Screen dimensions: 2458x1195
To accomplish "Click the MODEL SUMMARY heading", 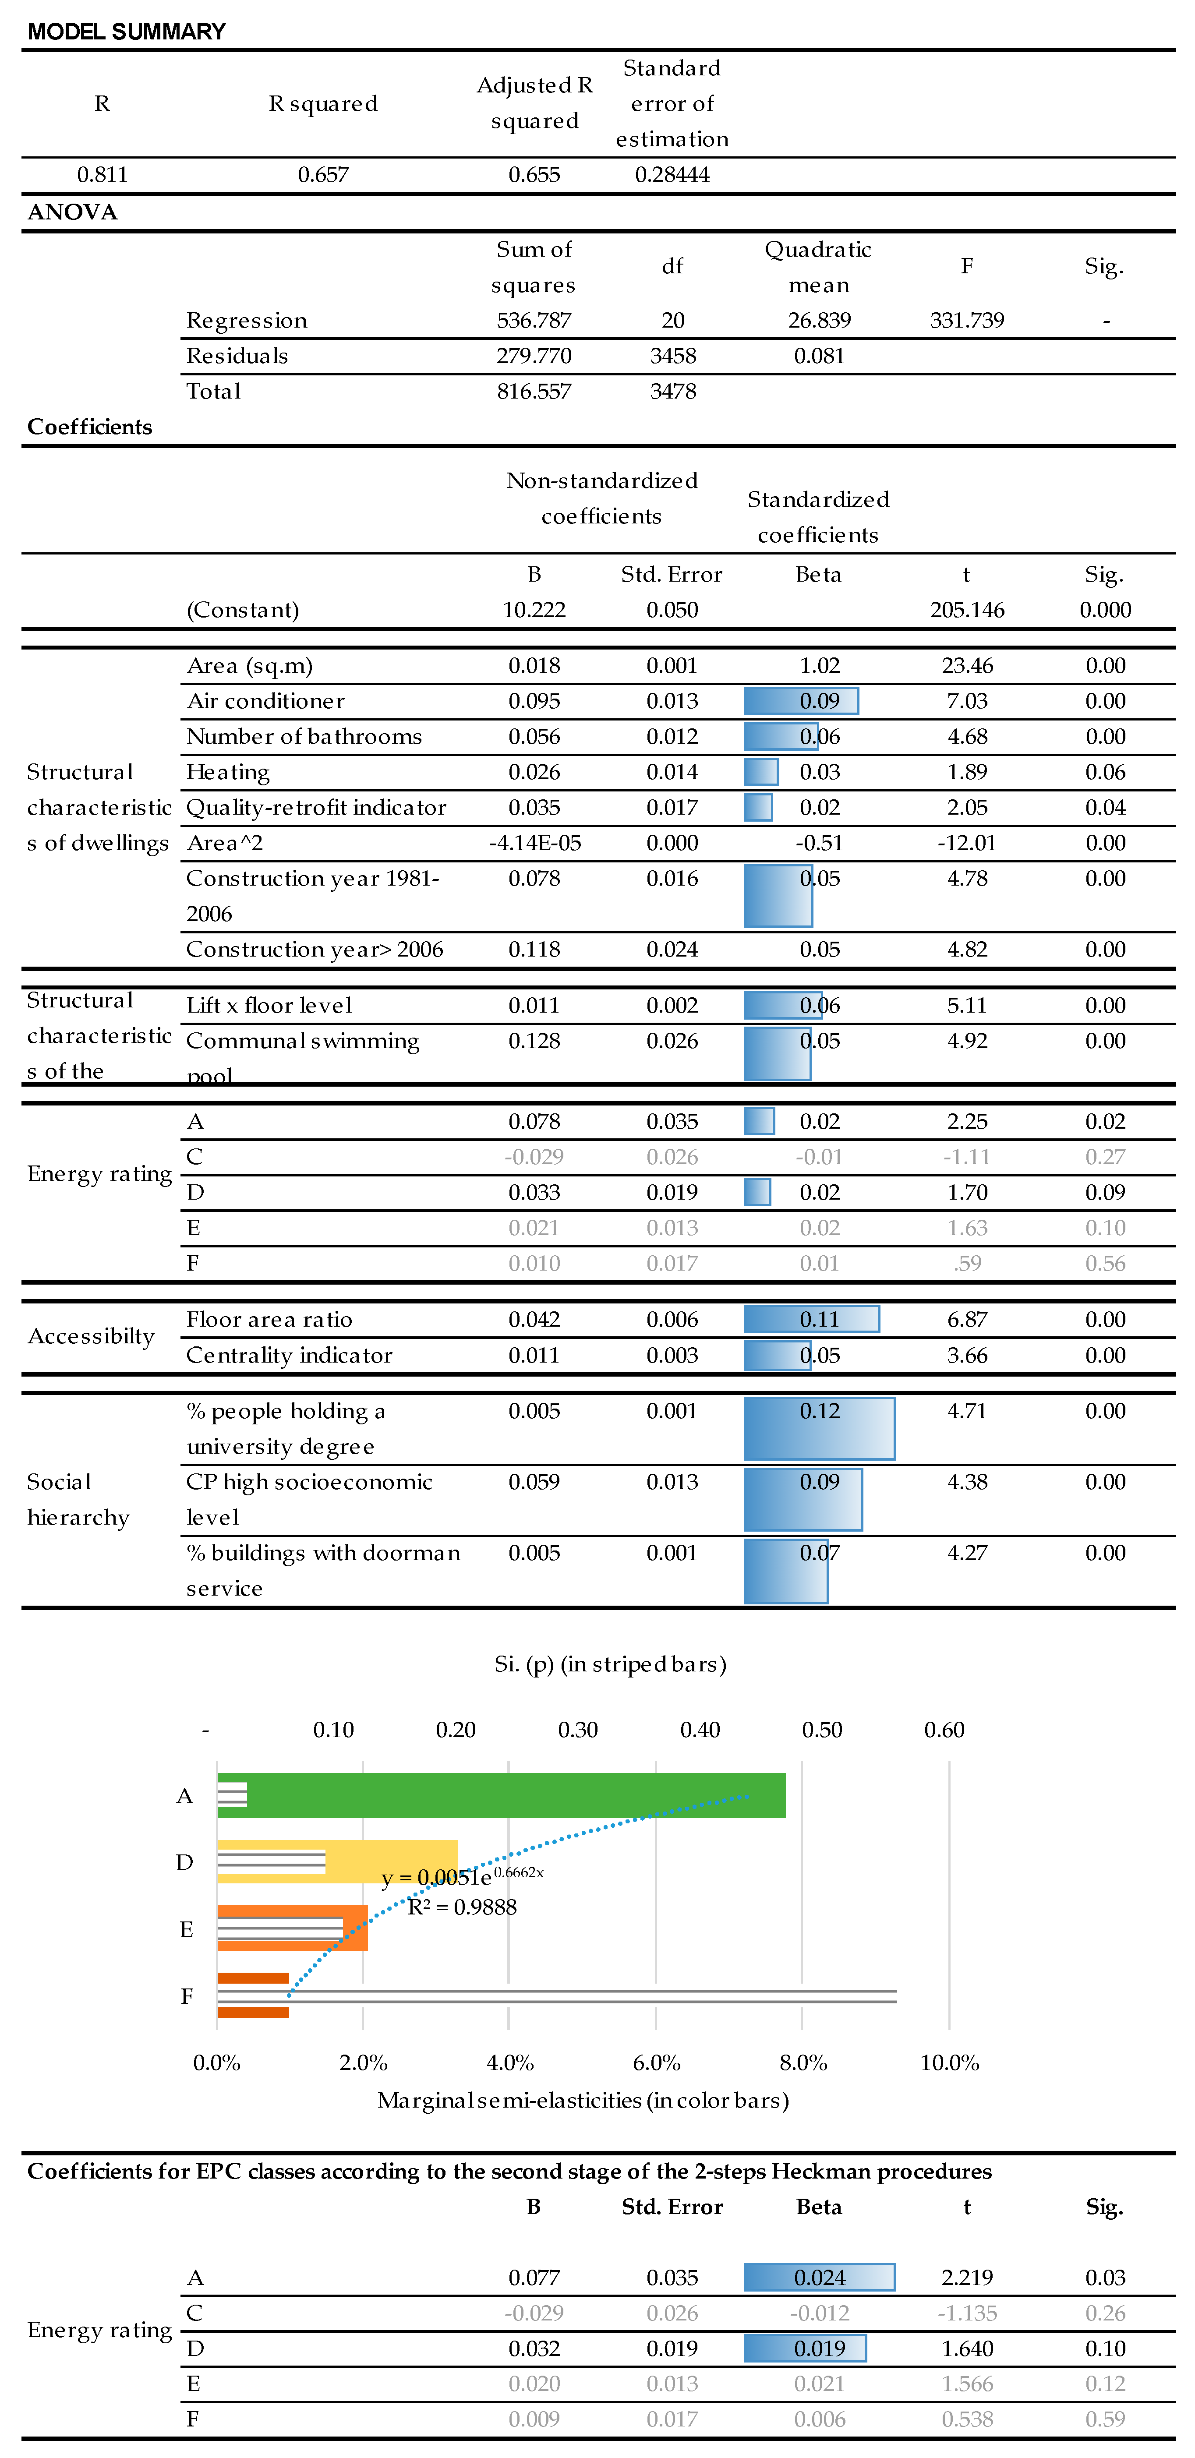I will [126, 32].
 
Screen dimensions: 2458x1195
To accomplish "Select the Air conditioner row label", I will [265, 701].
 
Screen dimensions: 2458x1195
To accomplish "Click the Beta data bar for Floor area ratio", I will [811, 1320].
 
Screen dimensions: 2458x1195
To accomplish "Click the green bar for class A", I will [516, 1795].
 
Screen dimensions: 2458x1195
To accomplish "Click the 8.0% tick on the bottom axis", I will [803, 2063].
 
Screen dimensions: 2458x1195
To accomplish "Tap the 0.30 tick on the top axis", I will [577, 1730].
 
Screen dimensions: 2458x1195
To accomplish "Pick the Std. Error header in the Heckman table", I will [672, 2207].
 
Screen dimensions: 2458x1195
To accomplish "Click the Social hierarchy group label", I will [78, 1499].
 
